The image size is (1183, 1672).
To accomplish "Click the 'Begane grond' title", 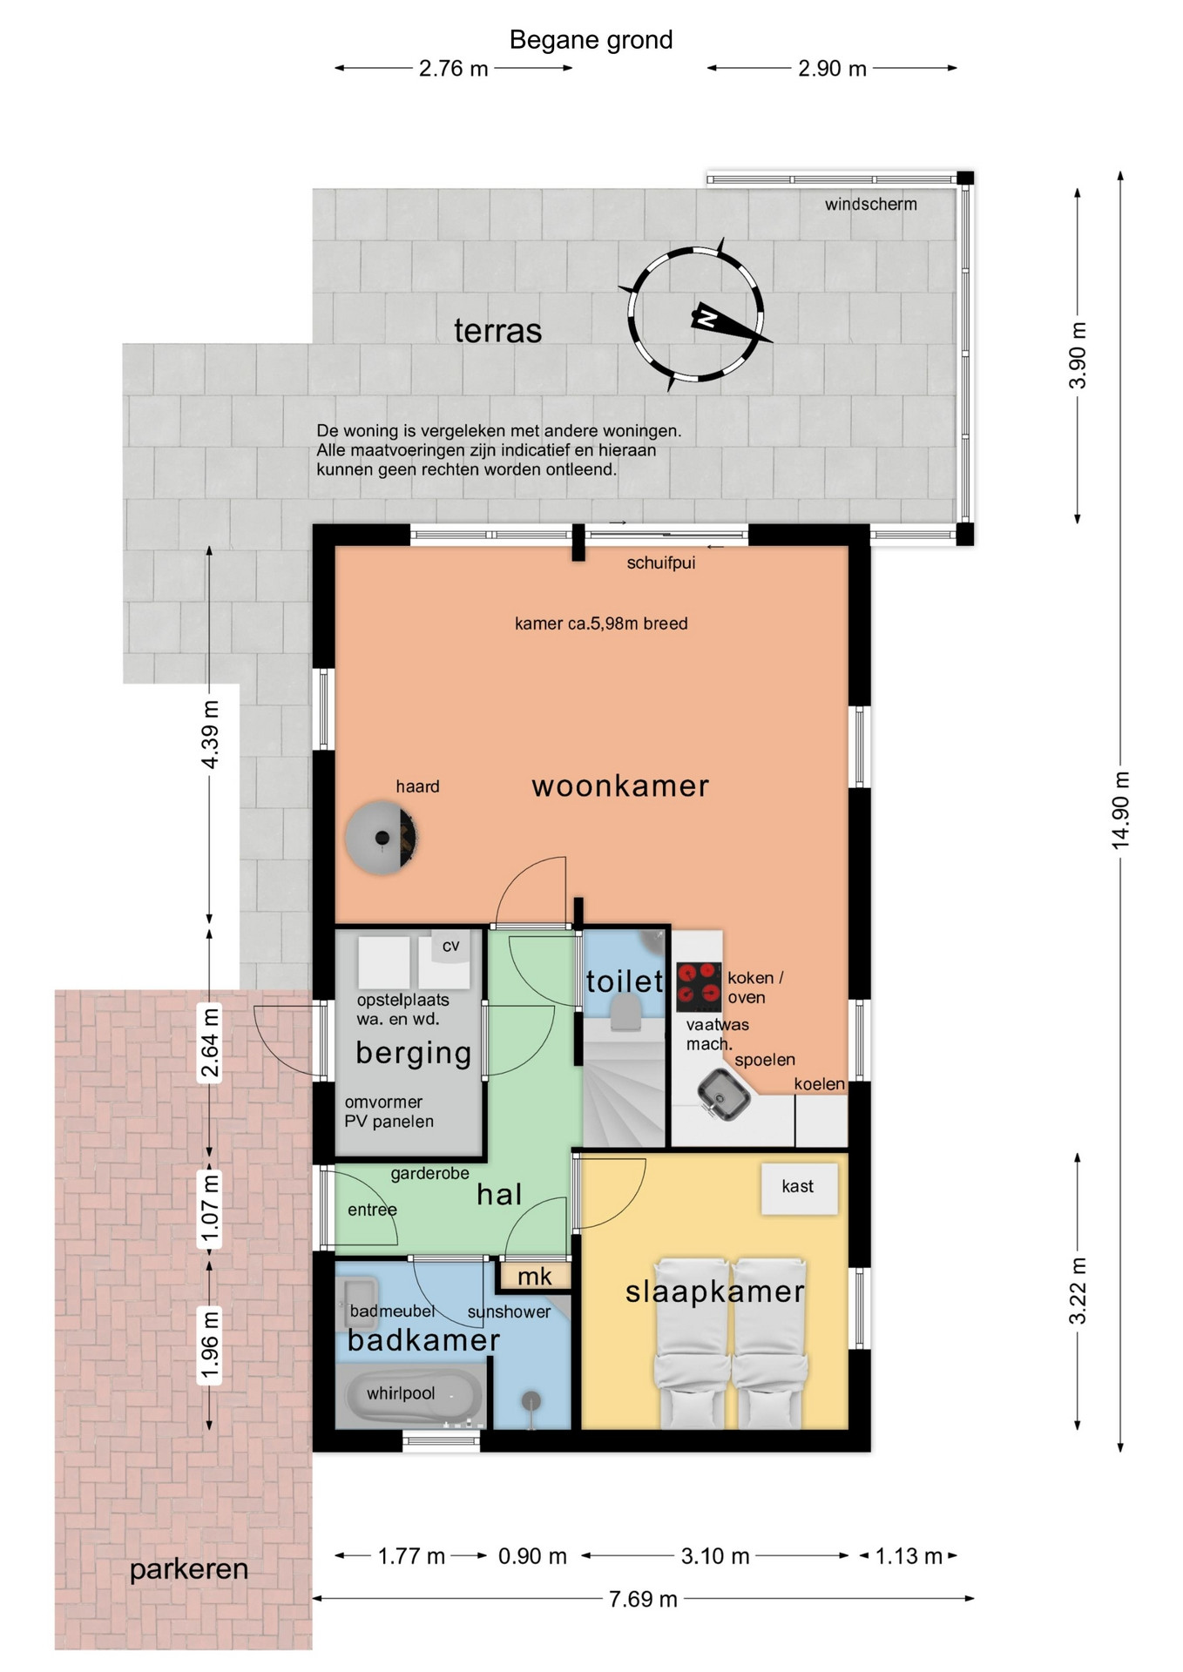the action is click(x=591, y=40).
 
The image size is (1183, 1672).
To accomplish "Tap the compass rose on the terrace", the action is click(x=695, y=315).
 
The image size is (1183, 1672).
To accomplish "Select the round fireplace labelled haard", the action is click(x=382, y=837).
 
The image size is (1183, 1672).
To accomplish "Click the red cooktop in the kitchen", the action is click(x=699, y=986).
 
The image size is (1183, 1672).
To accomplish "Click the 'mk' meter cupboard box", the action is click(x=534, y=1277).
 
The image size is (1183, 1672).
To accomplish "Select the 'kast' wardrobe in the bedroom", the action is click(x=799, y=1187).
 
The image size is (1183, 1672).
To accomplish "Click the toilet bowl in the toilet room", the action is click(x=625, y=1014).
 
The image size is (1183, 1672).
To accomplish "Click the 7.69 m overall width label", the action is click(x=643, y=1599).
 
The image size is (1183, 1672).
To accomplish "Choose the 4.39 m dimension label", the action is click(x=210, y=735).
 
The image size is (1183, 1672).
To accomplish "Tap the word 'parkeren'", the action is click(x=189, y=1570).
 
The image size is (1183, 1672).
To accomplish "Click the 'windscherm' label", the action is click(x=871, y=205).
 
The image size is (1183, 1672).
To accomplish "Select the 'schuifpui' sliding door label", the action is click(x=661, y=563).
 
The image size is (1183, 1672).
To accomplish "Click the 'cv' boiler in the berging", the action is click(x=450, y=947).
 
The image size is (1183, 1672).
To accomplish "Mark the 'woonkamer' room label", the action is click(x=620, y=786).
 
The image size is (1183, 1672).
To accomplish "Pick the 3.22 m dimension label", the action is click(x=1078, y=1291).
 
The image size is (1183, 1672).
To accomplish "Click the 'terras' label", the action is click(x=498, y=331).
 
